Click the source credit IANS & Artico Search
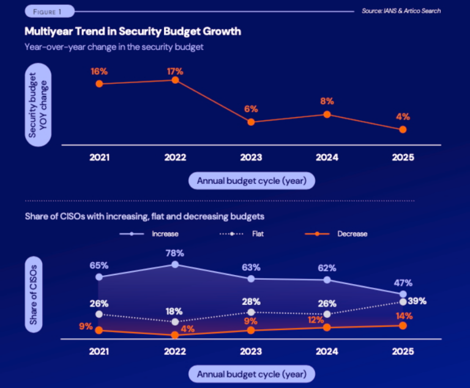coord(401,11)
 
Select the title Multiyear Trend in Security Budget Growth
coord(132,31)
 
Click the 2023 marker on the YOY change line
coord(251,122)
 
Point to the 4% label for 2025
coord(402,117)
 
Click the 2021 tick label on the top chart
coord(99,158)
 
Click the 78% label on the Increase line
coord(175,252)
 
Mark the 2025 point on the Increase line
coord(403,295)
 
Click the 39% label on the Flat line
coord(417,301)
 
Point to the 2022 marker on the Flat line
coord(175,321)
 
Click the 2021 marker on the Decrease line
coord(99,330)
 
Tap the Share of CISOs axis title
coord(34,296)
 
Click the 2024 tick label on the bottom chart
coord(327,352)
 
